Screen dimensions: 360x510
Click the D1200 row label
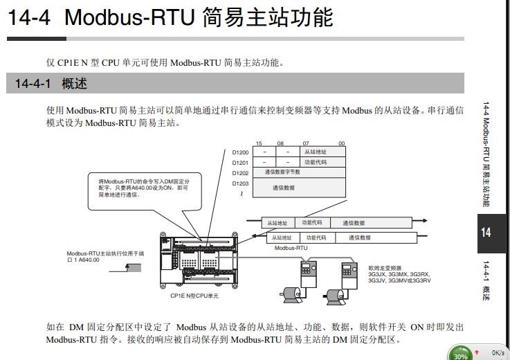[x=240, y=152]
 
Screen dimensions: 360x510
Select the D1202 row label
[x=240, y=172]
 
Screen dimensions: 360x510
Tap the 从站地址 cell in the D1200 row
[x=316, y=152]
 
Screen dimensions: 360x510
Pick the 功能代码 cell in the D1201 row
[x=316, y=162]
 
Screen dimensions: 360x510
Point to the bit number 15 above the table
[x=259, y=143]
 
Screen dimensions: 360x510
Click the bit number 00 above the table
[x=341, y=143]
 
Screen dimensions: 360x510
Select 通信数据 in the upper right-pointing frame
[x=353, y=223]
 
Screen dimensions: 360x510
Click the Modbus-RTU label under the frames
[x=291, y=247]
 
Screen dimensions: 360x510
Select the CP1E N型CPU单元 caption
[x=194, y=296]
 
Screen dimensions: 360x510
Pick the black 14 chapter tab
[x=486, y=232]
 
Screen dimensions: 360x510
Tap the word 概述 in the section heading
[x=73, y=84]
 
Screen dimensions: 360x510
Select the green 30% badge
[x=460, y=353]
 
